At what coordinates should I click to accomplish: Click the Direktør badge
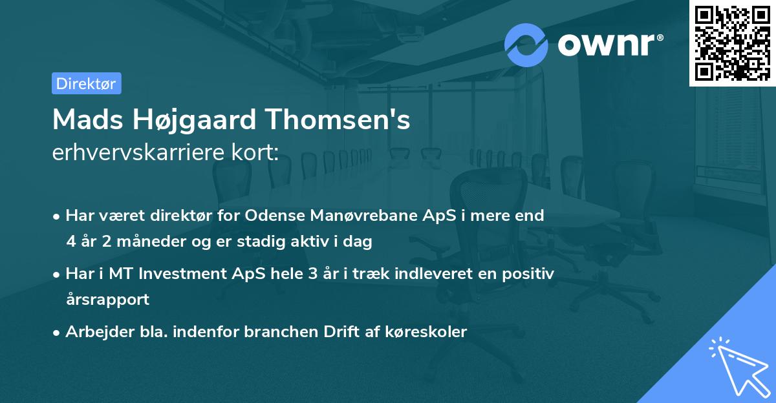pyautogui.click(x=86, y=83)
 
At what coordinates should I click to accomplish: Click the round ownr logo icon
pyautogui.click(x=526, y=45)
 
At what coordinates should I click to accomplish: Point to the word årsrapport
pyautogui.click(x=107, y=300)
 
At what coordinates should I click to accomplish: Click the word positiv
pyautogui.click(x=530, y=274)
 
